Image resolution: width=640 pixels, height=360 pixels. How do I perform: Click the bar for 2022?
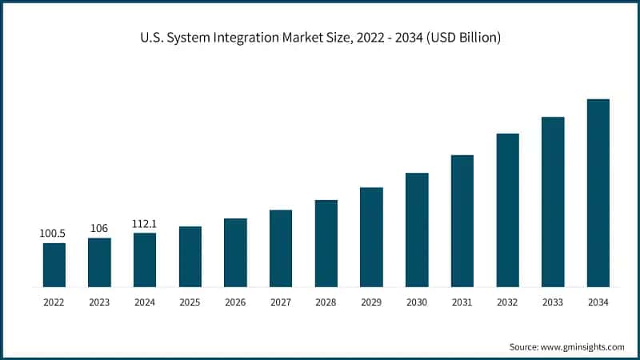click(54, 265)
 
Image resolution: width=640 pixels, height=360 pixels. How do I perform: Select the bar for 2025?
click(190, 257)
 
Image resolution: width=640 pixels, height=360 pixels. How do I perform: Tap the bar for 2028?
click(326, 243)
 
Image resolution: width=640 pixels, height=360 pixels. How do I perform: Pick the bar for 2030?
click(417, 230)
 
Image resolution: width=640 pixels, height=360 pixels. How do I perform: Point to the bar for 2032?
click(507, 210)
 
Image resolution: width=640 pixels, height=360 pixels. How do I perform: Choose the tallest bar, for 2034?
click(598, 193)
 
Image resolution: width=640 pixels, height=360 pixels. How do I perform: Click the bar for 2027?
click(281, 248)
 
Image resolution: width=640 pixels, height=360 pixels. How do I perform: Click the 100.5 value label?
click(54, 234)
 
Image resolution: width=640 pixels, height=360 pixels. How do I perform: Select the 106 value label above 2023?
click(99, 229)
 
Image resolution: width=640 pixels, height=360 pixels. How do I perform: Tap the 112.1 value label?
click(145, 224)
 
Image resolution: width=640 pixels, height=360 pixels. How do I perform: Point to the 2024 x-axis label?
click(145, 302)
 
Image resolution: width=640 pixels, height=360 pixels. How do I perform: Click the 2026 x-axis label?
click(235, 302)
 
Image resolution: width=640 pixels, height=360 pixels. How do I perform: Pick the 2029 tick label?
click(371, 302)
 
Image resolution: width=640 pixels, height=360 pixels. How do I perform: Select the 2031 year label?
click(462, 302)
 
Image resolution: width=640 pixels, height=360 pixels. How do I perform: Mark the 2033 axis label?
click(553, 302)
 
